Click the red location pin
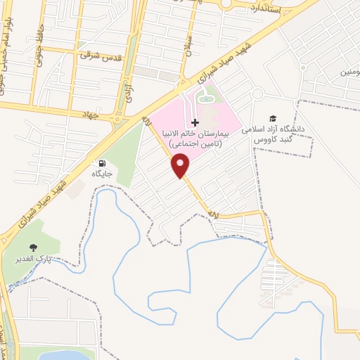181,165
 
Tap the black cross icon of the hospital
195,122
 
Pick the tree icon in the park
33,247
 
